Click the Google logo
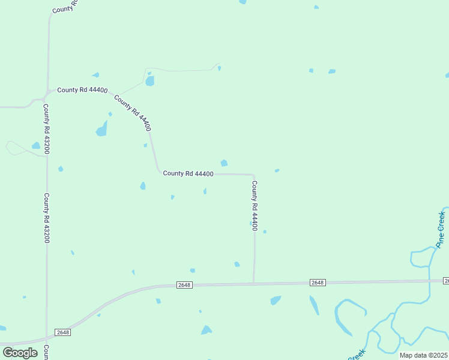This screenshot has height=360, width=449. click(20, 352)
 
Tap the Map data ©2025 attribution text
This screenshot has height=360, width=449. click(424, 355)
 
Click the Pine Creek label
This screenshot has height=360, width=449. click(441, 229)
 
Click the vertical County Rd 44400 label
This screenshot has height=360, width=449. click(255, 206)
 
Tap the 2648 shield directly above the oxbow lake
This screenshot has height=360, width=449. click(318, 283)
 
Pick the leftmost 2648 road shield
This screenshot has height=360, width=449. click(62, 332)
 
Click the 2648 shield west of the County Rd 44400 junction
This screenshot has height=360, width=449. click(184, 285)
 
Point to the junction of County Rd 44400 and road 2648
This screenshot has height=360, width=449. click(253, 283)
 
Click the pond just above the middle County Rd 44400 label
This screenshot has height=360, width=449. click(224, 163)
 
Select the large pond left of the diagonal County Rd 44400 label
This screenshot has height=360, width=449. click(102, 128)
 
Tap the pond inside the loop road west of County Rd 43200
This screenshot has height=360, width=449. click(36, 146)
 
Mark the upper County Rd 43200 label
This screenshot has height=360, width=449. click(46, 129)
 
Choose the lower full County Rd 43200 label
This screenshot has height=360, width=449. click(46, 217)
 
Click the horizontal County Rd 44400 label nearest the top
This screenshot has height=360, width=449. click(82, 90)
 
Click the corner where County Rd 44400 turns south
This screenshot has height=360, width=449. click(253, 175)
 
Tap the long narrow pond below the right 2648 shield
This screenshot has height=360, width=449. click(314, 305)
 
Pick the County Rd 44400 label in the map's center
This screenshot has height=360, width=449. click(188, 173)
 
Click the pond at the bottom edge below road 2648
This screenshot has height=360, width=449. click(206, 330)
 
